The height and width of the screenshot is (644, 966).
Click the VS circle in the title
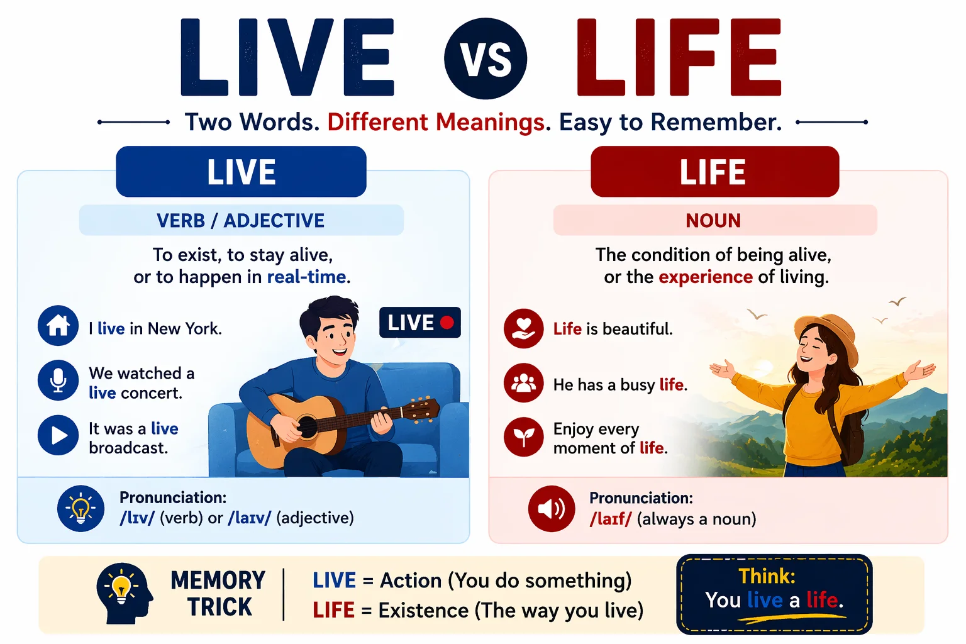point(485,58)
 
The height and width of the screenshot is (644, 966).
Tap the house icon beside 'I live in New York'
point(58,326)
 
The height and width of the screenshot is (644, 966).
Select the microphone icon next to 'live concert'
point(58,380)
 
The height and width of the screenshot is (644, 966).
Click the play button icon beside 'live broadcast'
point(58,435)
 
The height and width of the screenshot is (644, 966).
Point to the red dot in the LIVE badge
point(447,323)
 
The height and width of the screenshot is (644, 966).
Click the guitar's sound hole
point(307,427)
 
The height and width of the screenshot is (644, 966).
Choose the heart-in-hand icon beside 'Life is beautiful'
point(523,328)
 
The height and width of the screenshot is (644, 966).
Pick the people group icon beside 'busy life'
point(523,382)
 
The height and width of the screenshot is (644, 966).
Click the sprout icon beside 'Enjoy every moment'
point(523,436)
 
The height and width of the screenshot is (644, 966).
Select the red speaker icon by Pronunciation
point(551,508)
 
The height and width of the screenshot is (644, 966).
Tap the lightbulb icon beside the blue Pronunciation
point(80,508)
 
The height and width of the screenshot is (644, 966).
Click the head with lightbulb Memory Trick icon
point(124,592)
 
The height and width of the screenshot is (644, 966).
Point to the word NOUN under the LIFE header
point(713,221)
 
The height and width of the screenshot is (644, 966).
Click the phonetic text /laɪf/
point(610,519)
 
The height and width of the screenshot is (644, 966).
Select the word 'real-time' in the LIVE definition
point(306,277)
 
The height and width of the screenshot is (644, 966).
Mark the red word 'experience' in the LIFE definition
point(705,277)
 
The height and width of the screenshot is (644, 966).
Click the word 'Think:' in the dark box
point(767,576)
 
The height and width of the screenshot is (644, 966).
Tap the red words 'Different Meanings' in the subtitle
point(436,122)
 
